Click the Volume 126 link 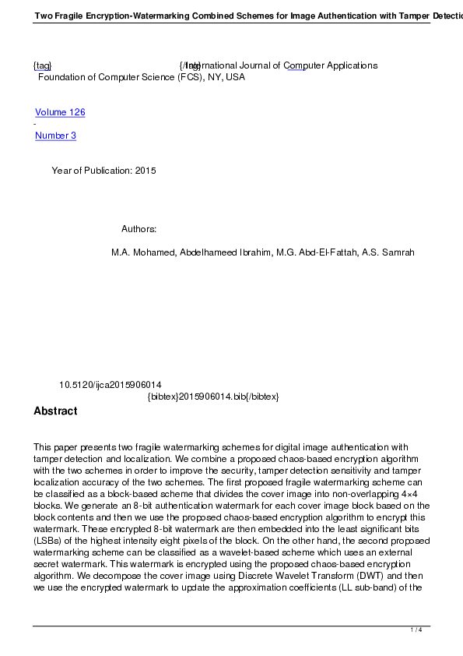(60, 112)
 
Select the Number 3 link (55, 136)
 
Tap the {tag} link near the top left (42, 65)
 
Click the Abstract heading (55, 411)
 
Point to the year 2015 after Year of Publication (146, 171)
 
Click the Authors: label (139, 229)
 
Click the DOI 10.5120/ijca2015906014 (110, 385)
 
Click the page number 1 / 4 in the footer (416, 630)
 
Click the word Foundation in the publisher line (61, 77)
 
